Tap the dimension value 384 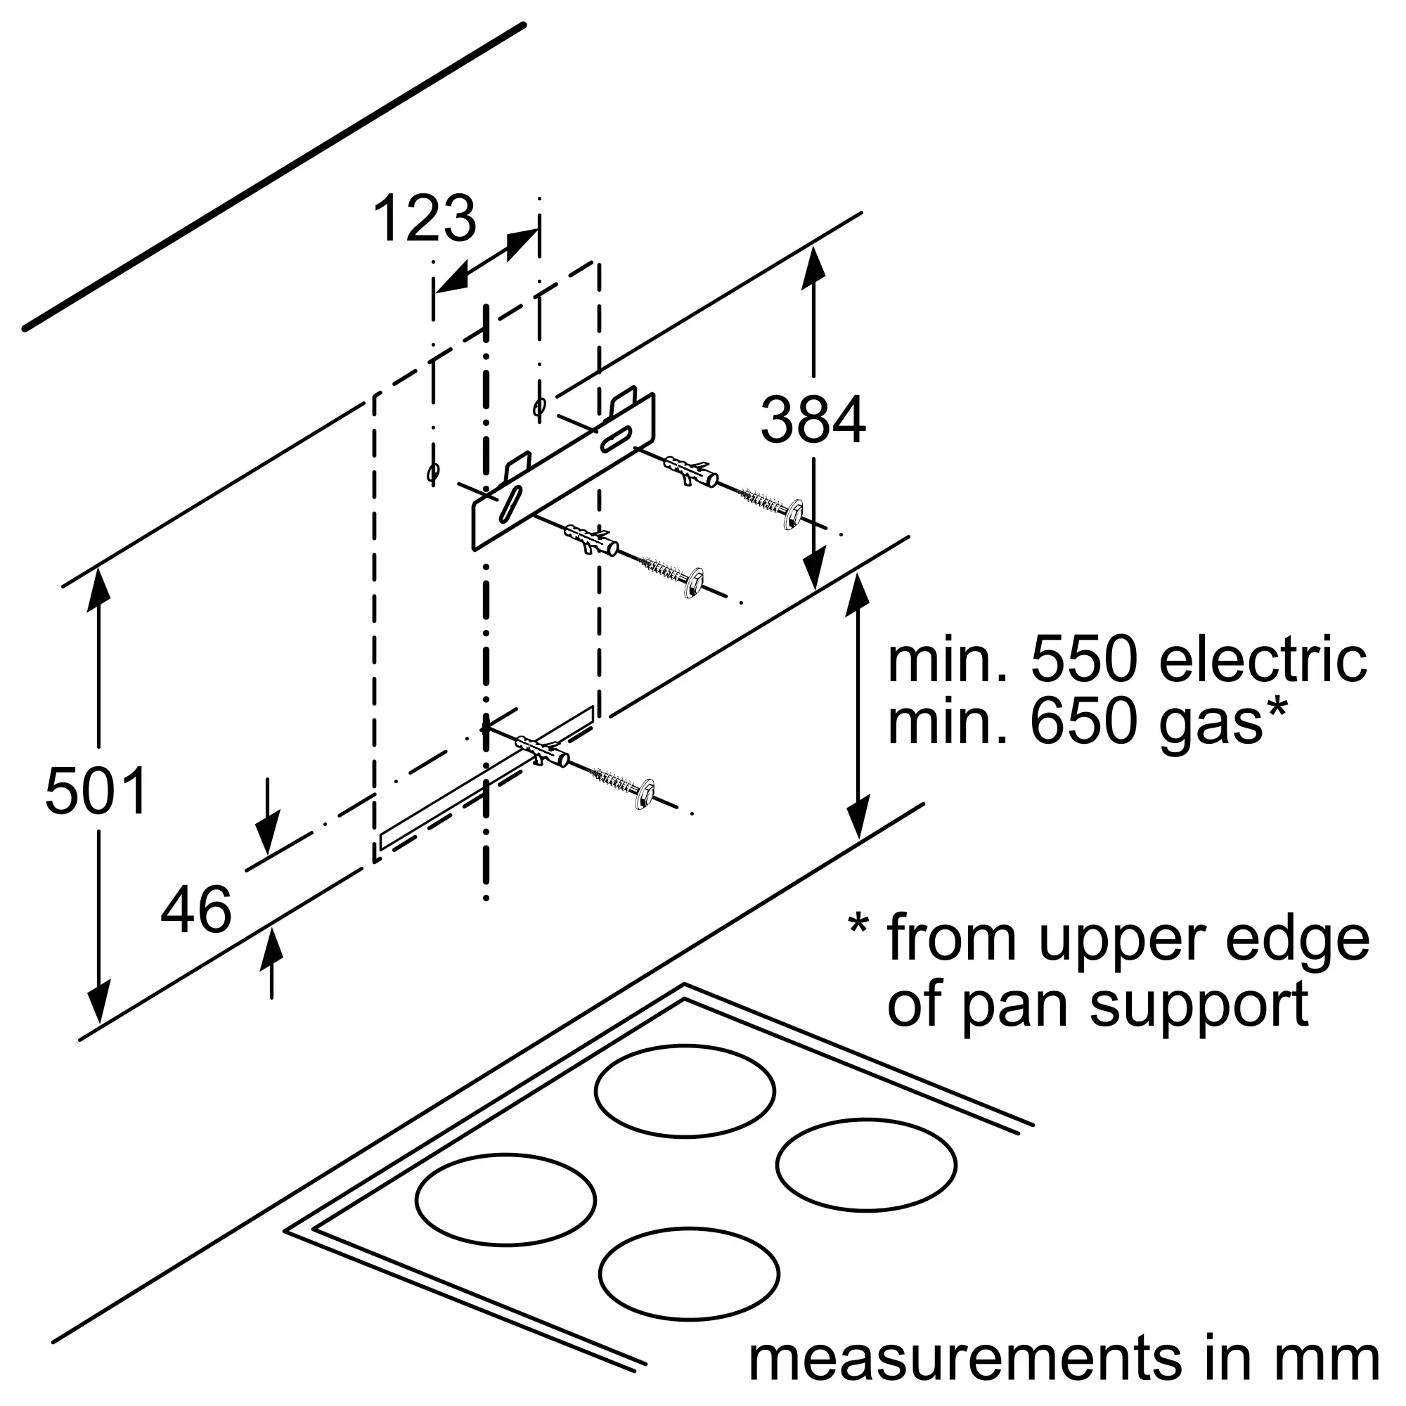click(813, 420)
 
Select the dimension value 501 click(96, 791)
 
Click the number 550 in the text click(1083, 661)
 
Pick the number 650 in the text click(1083, 722)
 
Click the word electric click(1263, 661)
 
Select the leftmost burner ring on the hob click(505, 1199)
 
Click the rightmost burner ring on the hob click(866, 1165)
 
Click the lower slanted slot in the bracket click(508, 503)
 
